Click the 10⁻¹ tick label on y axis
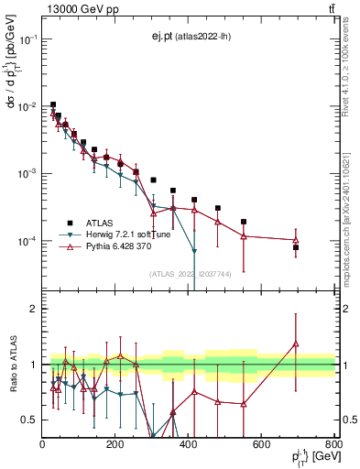tap(27, 39)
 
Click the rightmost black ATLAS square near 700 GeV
tap(296, 247)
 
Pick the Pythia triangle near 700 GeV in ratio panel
tap(296, 344)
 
